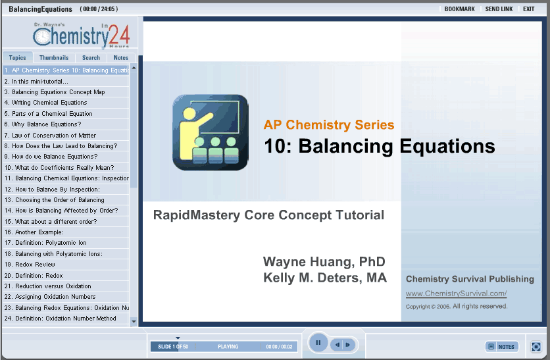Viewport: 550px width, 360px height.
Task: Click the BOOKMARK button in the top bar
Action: [x=459, y=9]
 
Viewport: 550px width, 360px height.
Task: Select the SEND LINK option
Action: [x=499, y=9]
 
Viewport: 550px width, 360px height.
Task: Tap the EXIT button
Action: [x=528, y=9]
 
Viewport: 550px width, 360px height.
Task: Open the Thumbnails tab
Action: [x=54, y=57]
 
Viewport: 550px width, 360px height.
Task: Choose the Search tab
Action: [x=91, y=57]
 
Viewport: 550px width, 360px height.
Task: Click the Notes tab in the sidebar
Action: [x=120, y=57]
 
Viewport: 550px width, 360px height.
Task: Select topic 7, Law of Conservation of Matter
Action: [x=50, y=136]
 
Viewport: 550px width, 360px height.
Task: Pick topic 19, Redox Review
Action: [x=30, y=265]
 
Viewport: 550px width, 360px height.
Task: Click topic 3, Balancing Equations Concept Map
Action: [x=55, y=92]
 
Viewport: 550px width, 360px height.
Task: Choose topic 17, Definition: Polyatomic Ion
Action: [x=45, y=243]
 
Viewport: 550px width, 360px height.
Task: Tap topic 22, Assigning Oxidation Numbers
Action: [x=50, y=297]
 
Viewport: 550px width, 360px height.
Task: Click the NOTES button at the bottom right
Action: [x=502, y=347]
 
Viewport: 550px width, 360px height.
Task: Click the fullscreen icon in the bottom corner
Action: [x=536, y=347]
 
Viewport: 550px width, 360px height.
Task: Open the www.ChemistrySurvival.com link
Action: [x=457, y=294]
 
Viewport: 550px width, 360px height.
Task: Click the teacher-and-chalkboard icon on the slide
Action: [x=211, y=133]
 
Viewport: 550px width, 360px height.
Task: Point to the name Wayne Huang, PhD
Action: [x=324, y=262]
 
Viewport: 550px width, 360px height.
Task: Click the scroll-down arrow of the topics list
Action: [x=134, y=321]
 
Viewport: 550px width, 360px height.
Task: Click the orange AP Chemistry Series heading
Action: [x=329, y=125]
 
